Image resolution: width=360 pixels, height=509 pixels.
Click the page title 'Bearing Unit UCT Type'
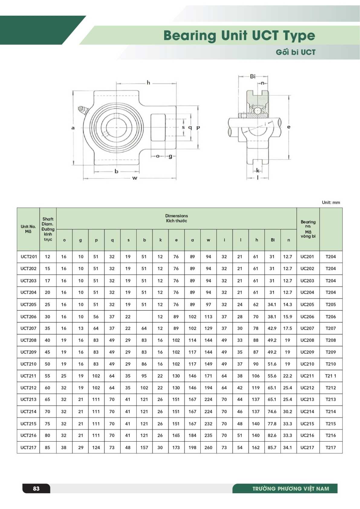tap(239, 35)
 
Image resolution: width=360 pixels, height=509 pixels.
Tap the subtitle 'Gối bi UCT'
tap(295, 52)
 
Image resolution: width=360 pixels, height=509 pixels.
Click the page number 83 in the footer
tap(36, 488)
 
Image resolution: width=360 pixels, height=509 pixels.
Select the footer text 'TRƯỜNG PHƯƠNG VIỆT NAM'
tap(290, 488)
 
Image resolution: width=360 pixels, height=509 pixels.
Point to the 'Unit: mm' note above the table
tap(331, 203)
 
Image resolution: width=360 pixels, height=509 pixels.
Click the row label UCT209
tap(28, 352)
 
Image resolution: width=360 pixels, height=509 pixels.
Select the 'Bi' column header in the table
tap(273, 240)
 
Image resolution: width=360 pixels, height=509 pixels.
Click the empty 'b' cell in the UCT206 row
tap(144, 316)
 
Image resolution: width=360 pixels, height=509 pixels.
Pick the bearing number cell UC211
tap(307, 376)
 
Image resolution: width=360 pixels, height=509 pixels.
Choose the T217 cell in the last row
tap(331, 447)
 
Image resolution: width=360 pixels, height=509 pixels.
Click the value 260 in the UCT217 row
tap(208, 447)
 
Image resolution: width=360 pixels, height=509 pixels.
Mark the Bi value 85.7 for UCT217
tap(272, 447)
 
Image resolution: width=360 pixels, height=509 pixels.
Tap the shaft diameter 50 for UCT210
tap(47, 364)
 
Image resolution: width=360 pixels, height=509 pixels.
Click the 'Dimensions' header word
tap(177, 216)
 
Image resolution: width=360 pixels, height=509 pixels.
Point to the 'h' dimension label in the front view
tap(148, 83)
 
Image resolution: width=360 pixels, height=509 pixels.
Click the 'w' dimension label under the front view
tap(135, 178)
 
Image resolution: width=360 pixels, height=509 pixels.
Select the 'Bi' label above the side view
tap(253, 76)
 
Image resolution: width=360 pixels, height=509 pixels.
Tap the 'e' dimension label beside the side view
tap(289, 127)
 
